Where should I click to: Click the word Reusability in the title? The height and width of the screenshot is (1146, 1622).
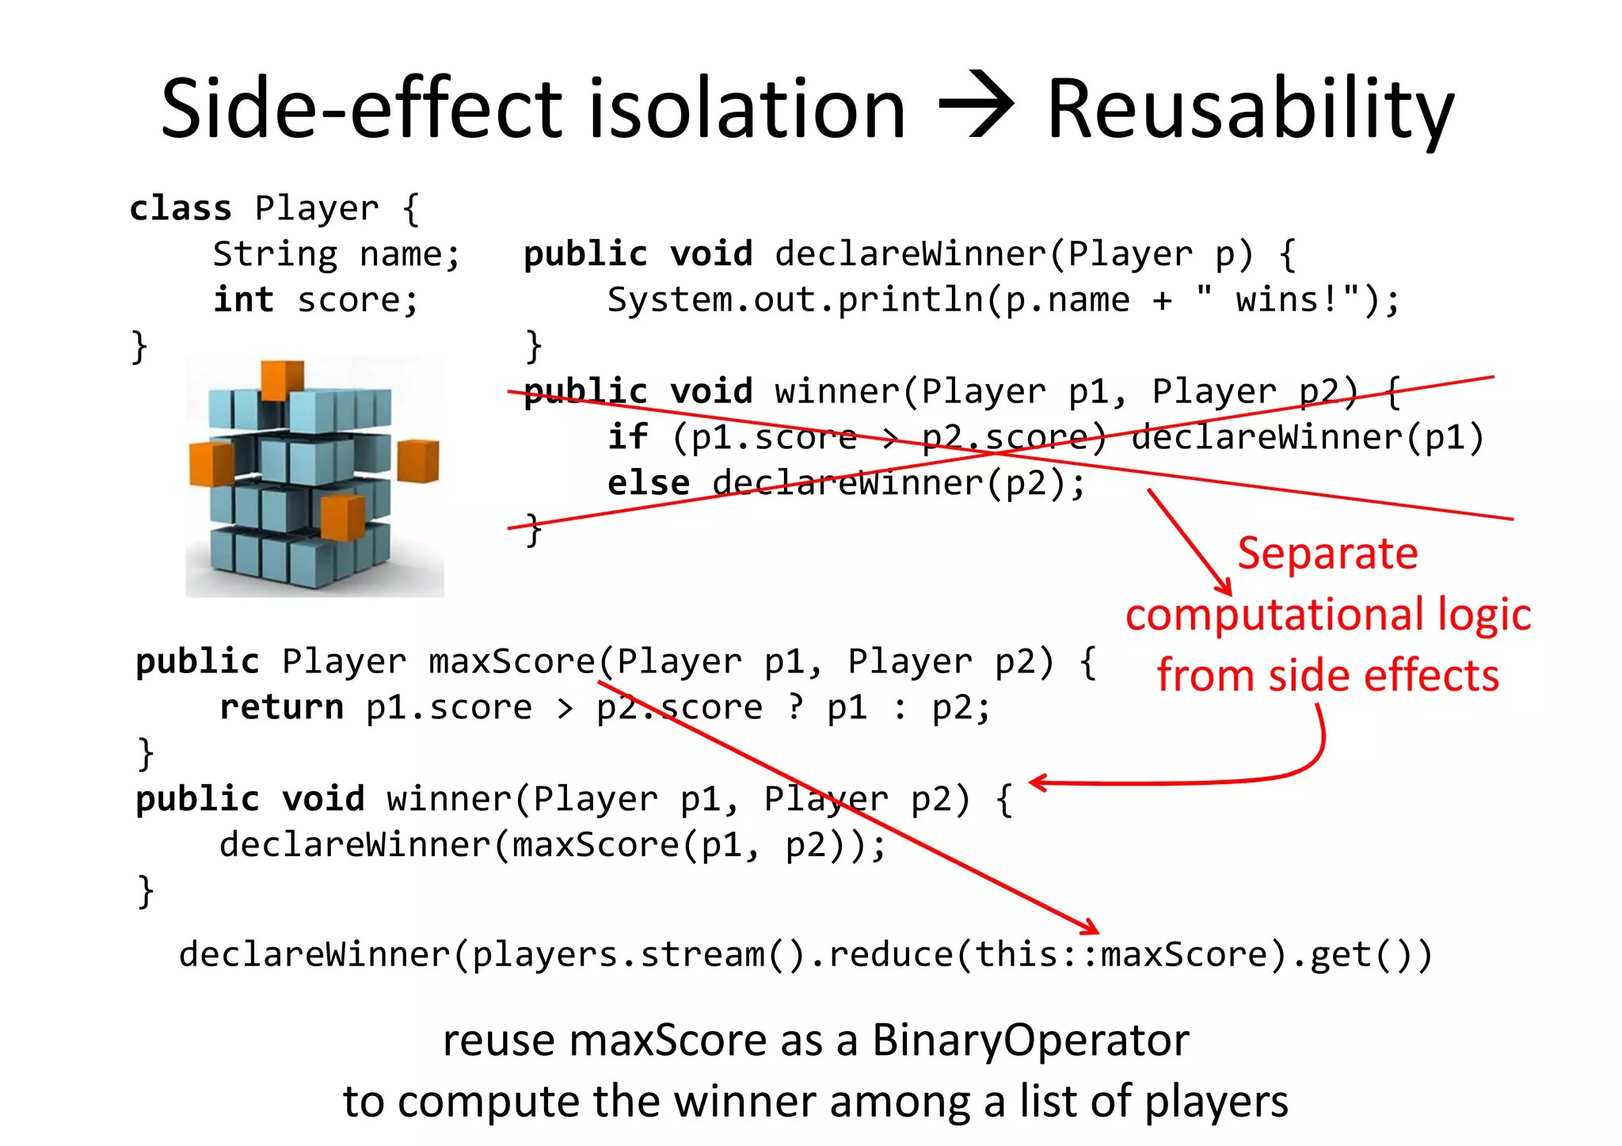1250,111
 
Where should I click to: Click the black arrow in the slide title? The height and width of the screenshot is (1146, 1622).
976,106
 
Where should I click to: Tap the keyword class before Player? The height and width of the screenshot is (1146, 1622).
181,208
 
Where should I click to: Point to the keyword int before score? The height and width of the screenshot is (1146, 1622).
243,300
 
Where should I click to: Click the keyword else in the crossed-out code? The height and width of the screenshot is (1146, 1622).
648,483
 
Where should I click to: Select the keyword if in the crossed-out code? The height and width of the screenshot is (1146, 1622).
627,437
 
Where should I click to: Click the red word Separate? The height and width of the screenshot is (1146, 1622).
1327,553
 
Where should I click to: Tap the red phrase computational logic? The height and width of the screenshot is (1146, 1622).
1328,615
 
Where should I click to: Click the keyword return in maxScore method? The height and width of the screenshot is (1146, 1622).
281,707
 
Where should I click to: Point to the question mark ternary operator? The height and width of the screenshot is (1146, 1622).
795,707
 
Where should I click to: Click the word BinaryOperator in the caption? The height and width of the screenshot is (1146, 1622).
1030,1040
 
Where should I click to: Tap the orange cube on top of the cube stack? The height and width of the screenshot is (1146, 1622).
282,379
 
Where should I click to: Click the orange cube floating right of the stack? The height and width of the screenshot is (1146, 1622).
417,461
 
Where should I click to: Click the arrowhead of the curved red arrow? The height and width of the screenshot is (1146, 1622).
1037,782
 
